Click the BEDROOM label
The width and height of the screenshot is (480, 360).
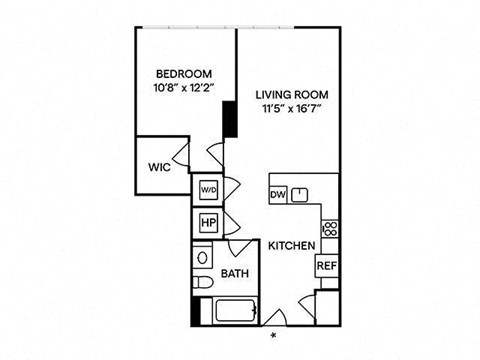pos(184,74)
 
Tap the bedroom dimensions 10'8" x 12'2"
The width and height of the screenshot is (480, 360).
pos(184,88)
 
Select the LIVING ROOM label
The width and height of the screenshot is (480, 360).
pos(292,95)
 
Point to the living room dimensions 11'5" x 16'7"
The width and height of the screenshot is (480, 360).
pos(292,109)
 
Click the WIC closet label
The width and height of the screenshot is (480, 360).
pos(159,167)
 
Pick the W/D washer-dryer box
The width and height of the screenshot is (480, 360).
pos(209,190)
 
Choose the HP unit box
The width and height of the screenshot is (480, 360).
pos(209,222)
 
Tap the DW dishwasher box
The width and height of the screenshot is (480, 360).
pos(278,194)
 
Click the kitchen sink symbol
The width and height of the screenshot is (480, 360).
pos(300,195)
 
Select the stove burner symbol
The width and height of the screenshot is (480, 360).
pos(330,229)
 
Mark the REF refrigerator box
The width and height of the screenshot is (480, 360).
pos(327,266)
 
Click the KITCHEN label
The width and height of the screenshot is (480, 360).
pos(292,246)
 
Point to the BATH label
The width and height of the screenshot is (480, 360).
pos(235,274)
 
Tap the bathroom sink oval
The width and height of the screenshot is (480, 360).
pos(202,257)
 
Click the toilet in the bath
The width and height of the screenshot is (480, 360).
pos(203,282)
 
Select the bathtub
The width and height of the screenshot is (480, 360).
pos(235,311)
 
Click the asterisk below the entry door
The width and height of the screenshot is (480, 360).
pos(274,335)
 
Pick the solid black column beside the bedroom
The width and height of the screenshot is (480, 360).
pos(230,119)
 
